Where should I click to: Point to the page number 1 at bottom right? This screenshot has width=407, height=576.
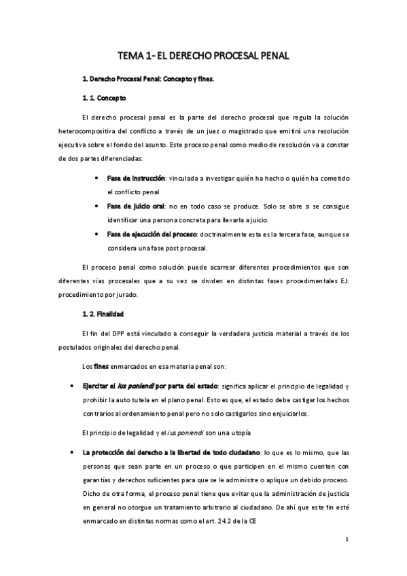click(x=347, y=541)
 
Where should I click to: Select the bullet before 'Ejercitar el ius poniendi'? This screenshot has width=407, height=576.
click(x=72, y=385)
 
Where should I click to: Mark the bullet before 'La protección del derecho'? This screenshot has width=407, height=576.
click(x=72, y=452)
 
